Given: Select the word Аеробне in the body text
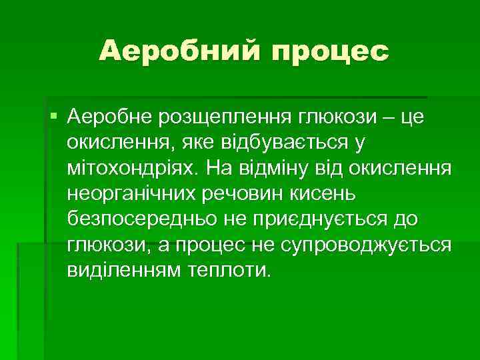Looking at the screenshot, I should click(x=109, y=118).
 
